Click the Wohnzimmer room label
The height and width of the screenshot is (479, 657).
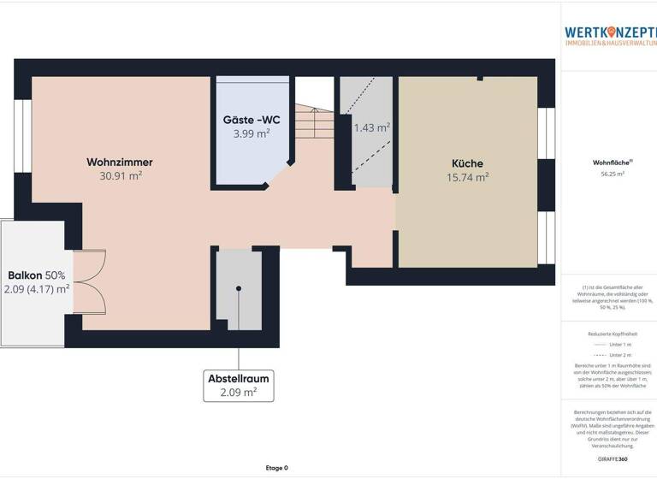120,162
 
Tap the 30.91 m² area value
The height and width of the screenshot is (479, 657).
120,176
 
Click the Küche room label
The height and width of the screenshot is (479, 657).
467,163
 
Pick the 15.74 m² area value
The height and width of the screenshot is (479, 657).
467,178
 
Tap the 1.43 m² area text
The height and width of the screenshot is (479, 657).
372,127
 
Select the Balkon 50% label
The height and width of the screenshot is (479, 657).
37,275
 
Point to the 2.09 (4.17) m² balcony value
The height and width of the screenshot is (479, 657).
37,289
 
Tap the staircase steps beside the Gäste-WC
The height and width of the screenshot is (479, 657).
314,128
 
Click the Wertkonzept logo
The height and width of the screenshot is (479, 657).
610,34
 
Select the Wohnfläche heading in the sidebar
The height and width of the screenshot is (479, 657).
611,162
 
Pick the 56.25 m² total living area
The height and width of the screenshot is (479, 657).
611,174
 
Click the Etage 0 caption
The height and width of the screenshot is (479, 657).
276,468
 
